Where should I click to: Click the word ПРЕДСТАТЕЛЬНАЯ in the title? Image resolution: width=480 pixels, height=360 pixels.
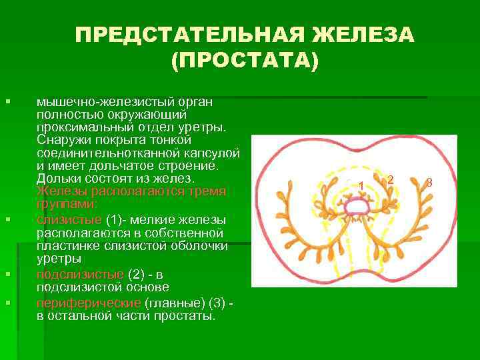tap(180, 35)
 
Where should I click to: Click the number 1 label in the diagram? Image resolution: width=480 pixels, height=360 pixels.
tap(361, 185)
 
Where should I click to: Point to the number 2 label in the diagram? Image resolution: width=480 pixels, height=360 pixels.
tap(391, 179)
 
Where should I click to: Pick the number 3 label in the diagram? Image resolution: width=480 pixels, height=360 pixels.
tap(429, 182)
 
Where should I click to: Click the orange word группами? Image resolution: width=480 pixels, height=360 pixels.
tap(67, 203)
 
